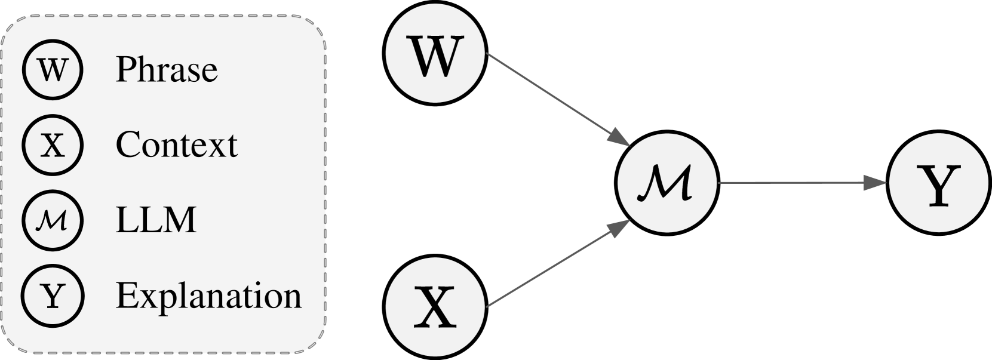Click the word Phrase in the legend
[166, 69]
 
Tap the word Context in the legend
[176, 144]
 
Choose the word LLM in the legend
[155, 220]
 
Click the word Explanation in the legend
[208, 296]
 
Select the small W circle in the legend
[53, 69]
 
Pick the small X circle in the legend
[53, 144]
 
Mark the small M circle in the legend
[53, 220]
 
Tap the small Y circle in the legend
[53, 296]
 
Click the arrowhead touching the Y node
[876, 183]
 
